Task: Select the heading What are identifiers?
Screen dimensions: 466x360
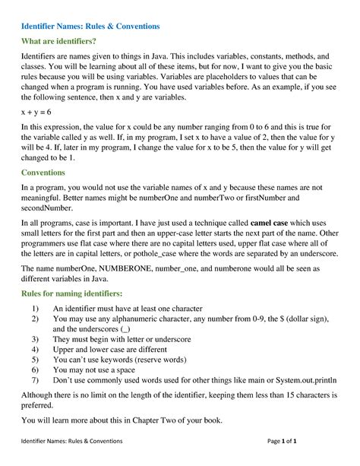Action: (59, 41)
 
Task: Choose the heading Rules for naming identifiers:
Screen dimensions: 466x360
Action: (72, 293)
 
